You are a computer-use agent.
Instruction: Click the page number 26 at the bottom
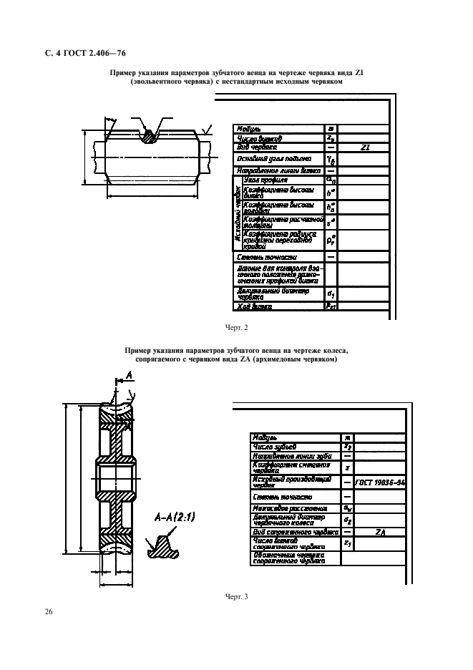tap(48, 612)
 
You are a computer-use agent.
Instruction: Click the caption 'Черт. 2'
tap(236, 328)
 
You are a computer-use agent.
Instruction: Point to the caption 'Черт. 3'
tap(236, 595)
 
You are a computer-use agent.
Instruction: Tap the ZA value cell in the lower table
tap(380, 533)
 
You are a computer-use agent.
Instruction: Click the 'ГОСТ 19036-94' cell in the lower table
tap(380, 483)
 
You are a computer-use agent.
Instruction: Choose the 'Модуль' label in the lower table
tap(265, 437)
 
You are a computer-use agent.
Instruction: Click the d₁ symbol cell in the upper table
tap(331, 293)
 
